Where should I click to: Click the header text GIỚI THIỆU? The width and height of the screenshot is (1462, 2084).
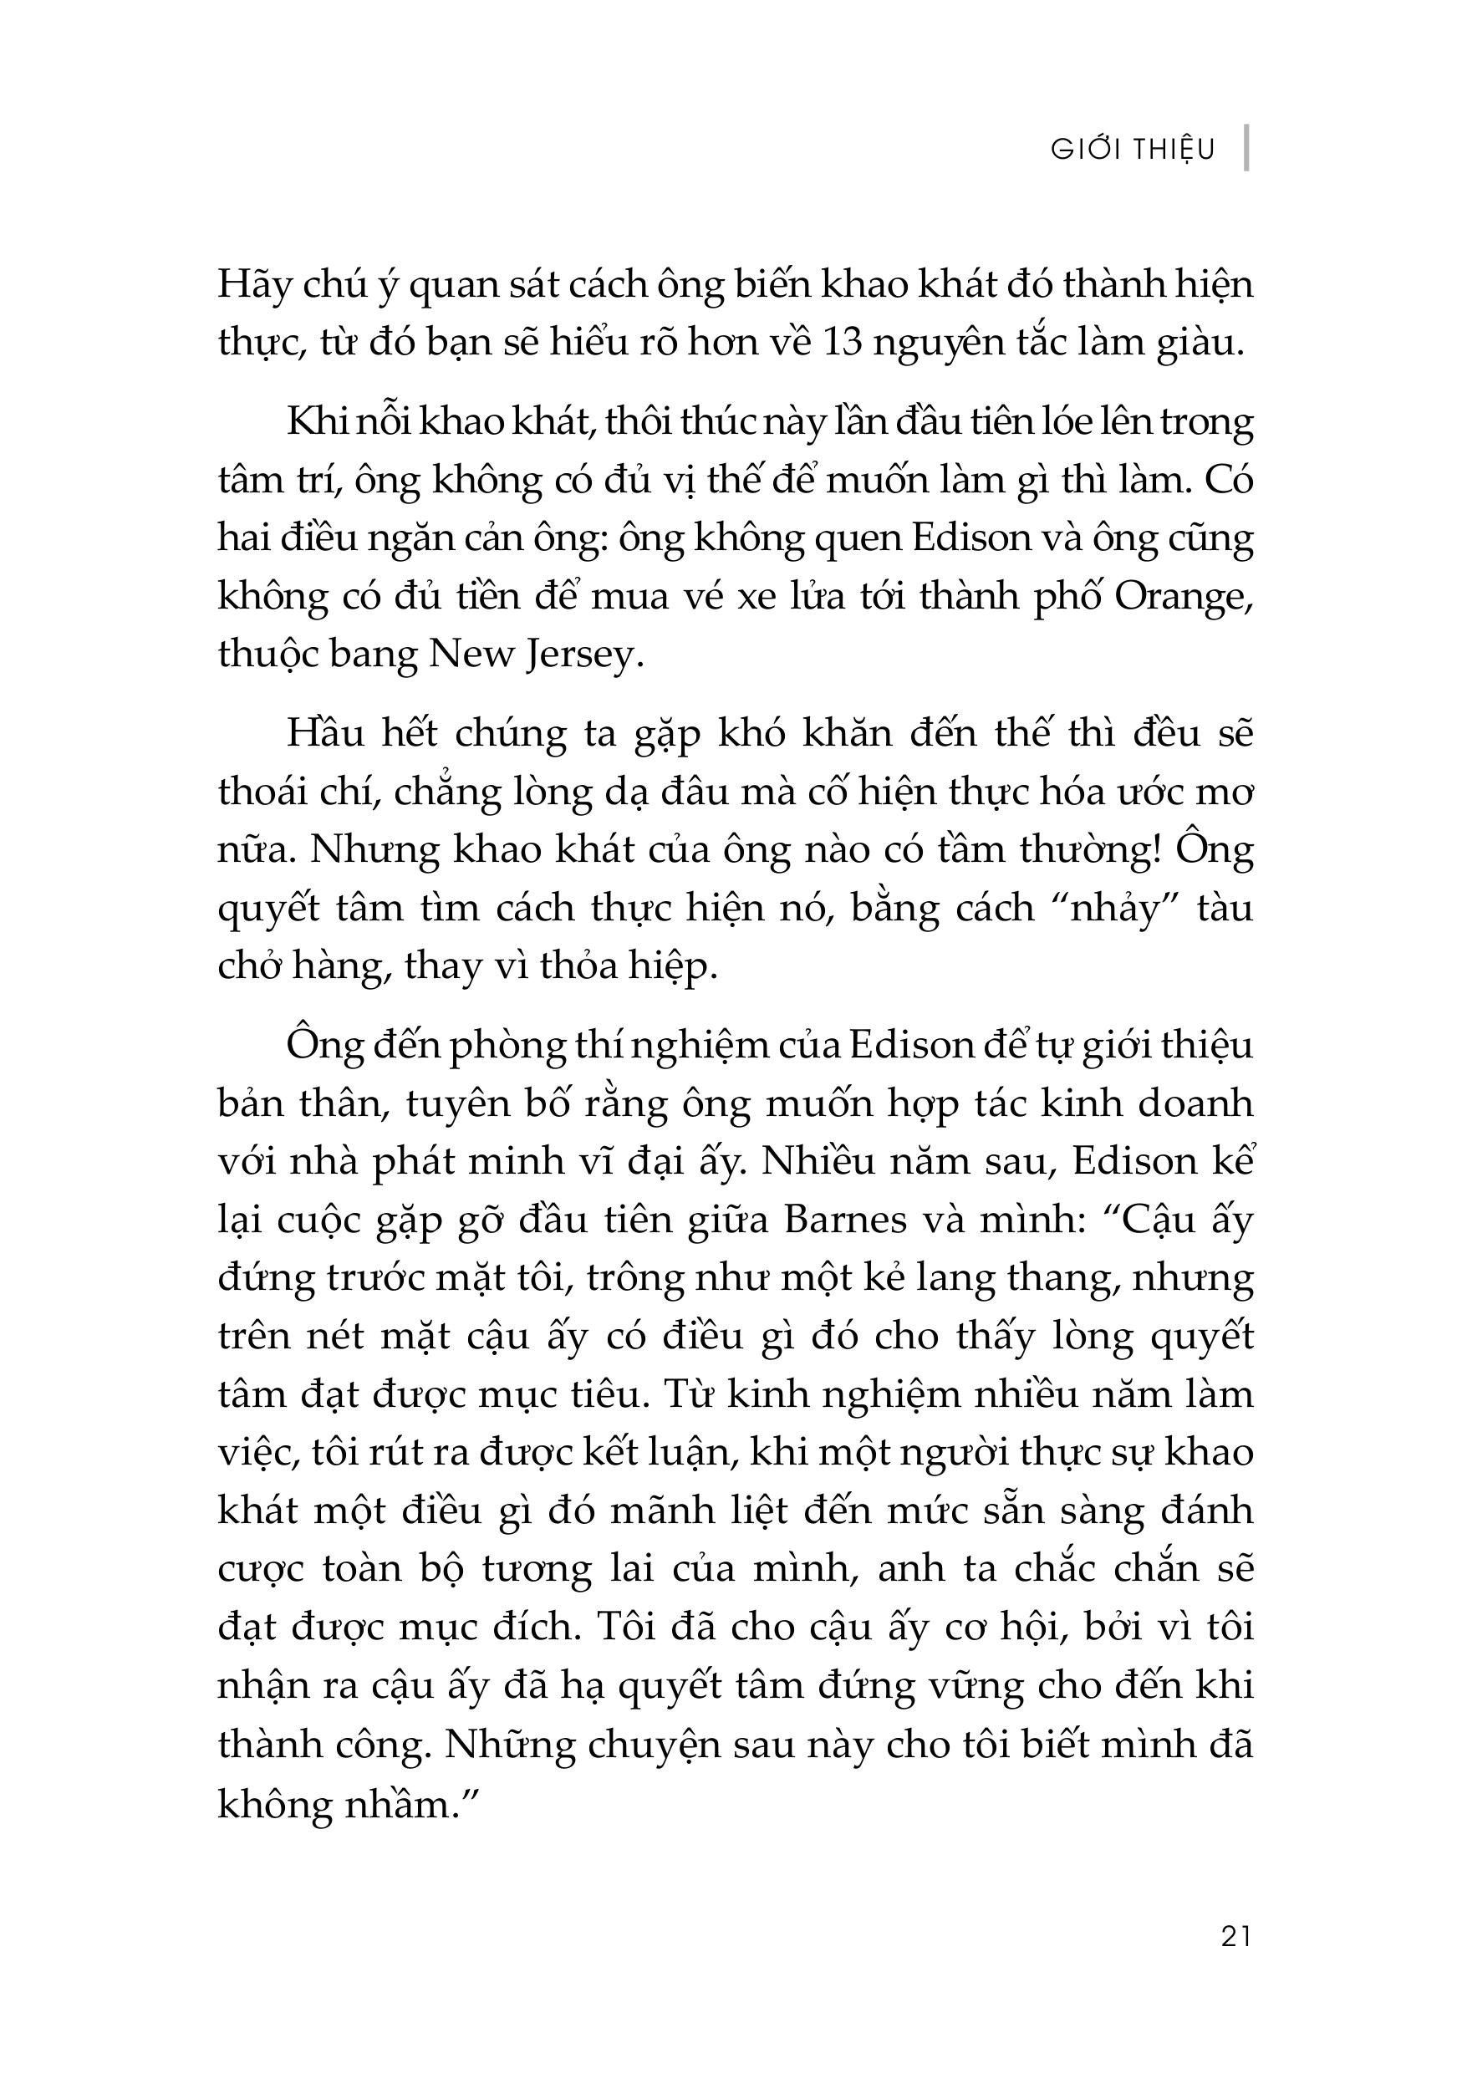[x=1132, y=150]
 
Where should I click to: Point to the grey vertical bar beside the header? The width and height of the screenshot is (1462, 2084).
[x=1247, y=148]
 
